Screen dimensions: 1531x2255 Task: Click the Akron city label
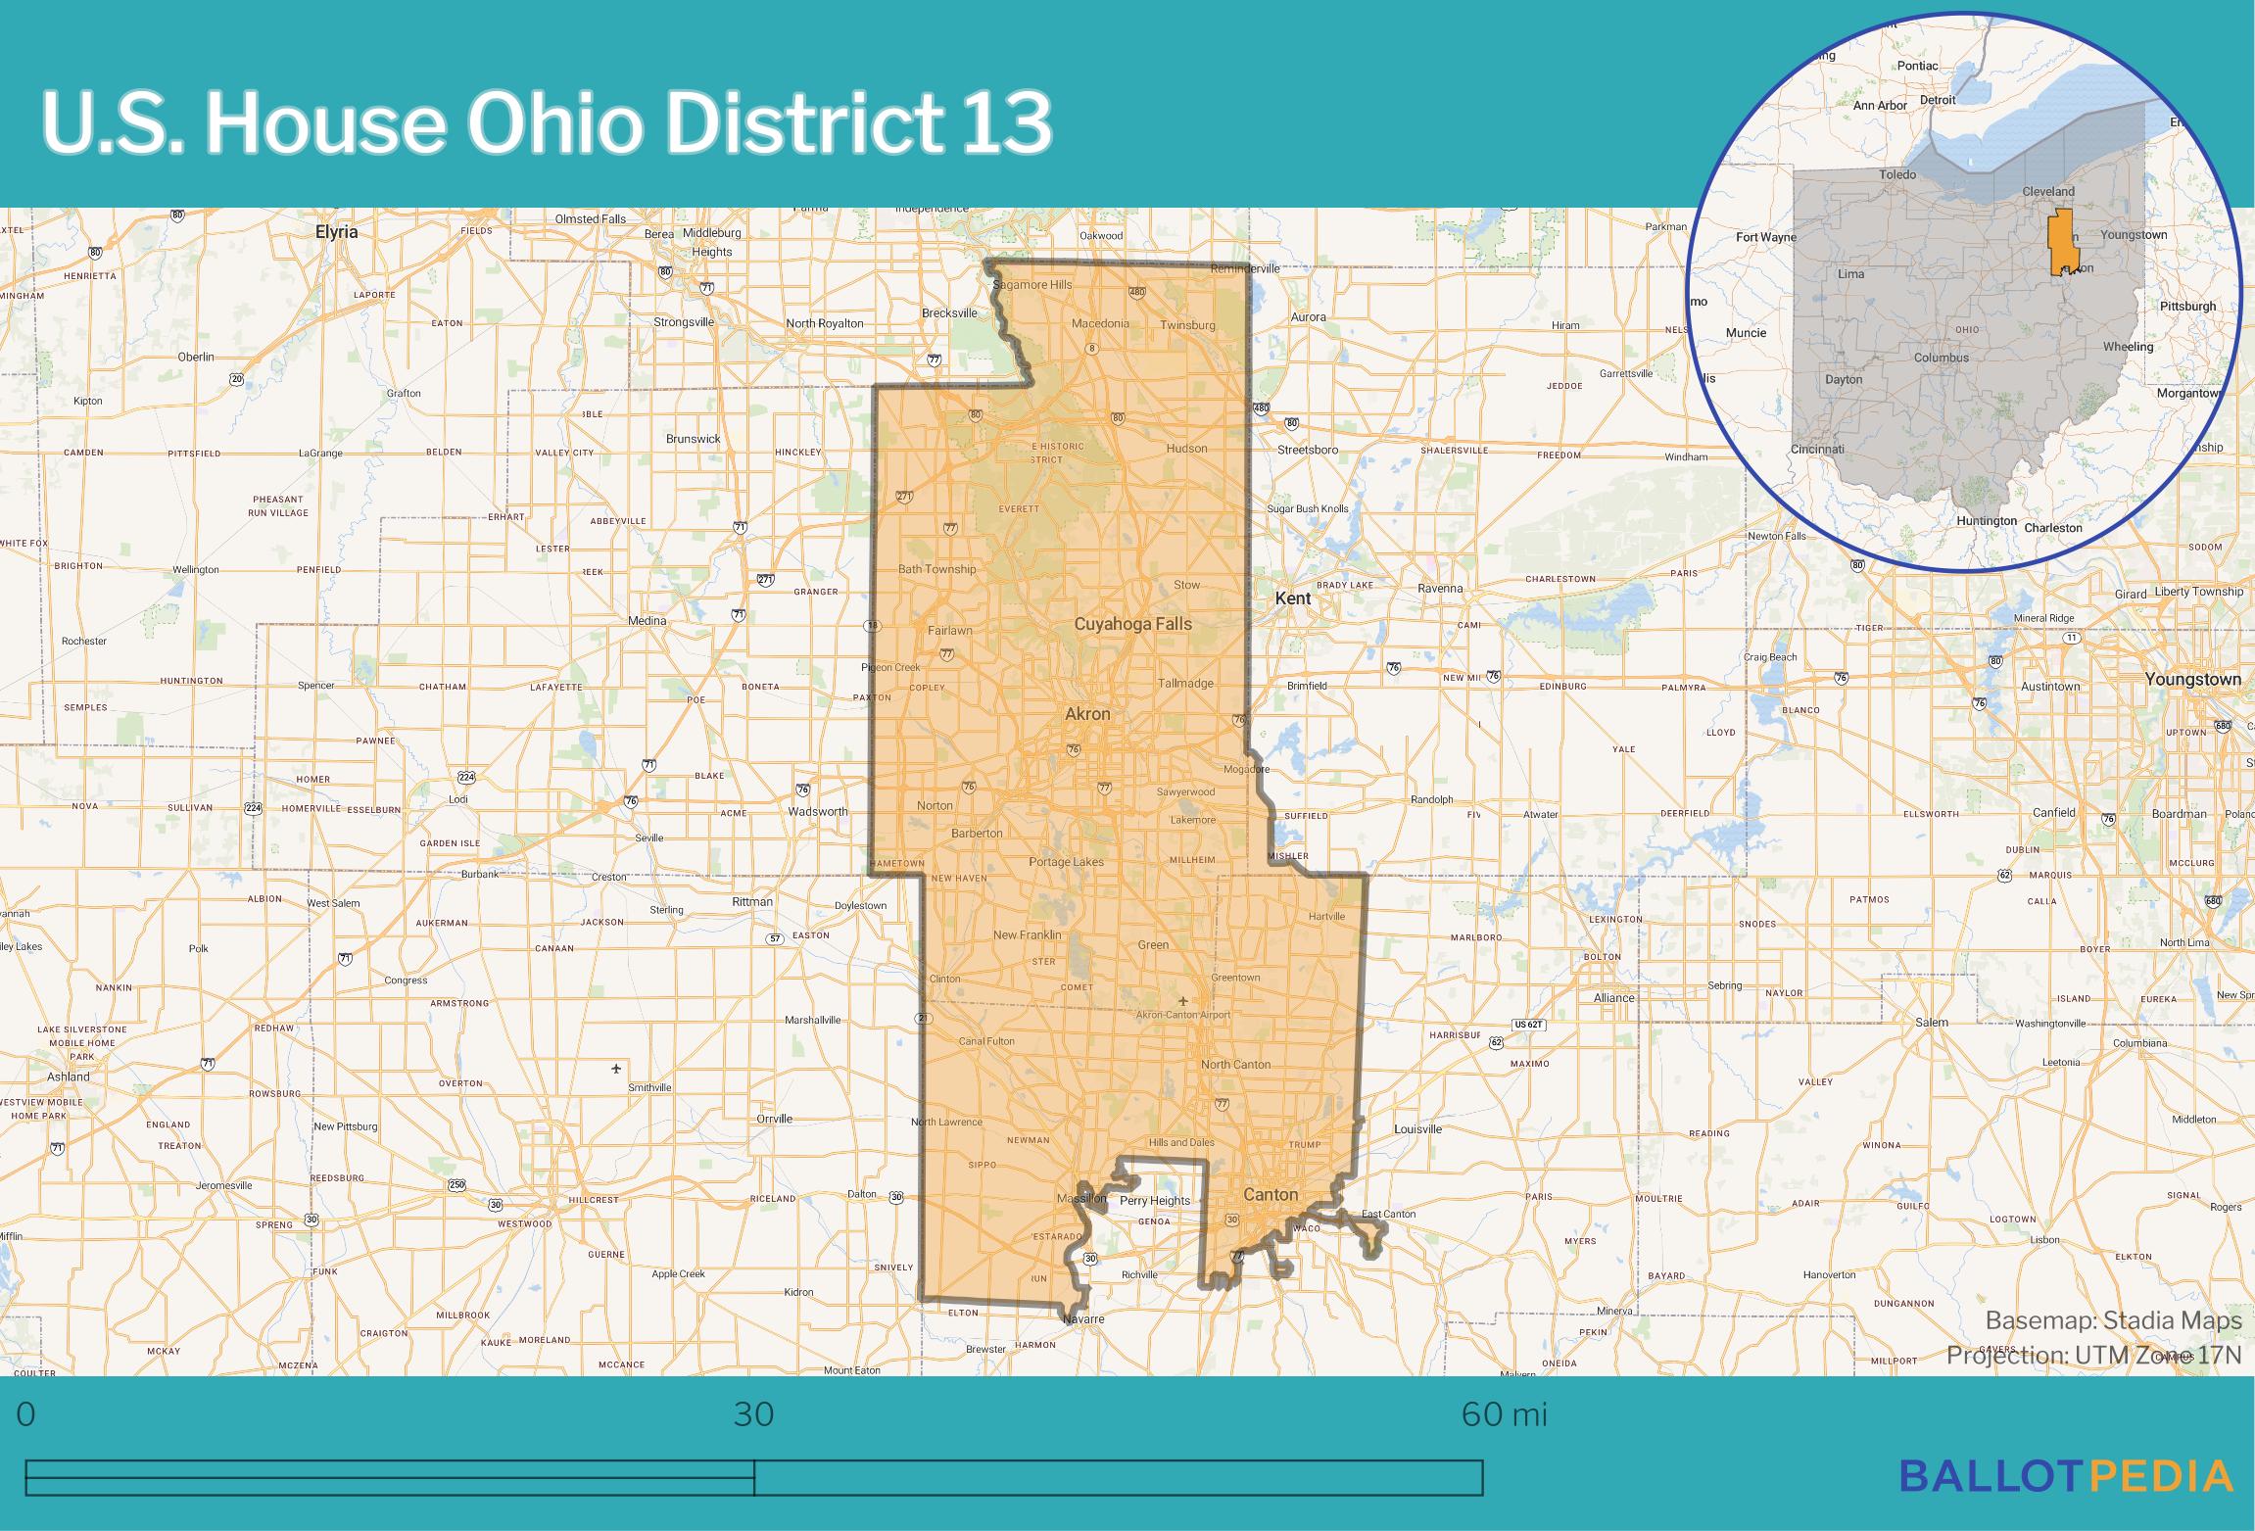1087,714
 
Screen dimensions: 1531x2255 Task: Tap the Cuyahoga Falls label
1132,624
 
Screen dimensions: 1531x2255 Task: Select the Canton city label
1270,1194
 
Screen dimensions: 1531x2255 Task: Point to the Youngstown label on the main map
2192,679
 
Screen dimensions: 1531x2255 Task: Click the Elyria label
336,232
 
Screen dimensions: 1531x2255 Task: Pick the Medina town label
647,620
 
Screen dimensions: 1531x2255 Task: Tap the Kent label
1292,598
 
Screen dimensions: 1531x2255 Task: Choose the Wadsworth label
818,811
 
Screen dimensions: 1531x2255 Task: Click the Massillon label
1081,1198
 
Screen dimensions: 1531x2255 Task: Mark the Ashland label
69,1076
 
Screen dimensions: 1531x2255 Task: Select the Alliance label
1613,997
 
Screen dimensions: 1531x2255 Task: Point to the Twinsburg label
1187,325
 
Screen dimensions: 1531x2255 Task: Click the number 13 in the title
1006,123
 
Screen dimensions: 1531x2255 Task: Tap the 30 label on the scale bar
753,1413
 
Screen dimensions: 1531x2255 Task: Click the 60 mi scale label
1504,1413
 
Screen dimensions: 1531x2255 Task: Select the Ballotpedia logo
2067,1475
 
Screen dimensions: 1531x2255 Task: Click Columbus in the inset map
1941,358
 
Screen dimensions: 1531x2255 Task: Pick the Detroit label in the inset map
1937,100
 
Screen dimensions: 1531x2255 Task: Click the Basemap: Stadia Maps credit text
2113,1320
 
